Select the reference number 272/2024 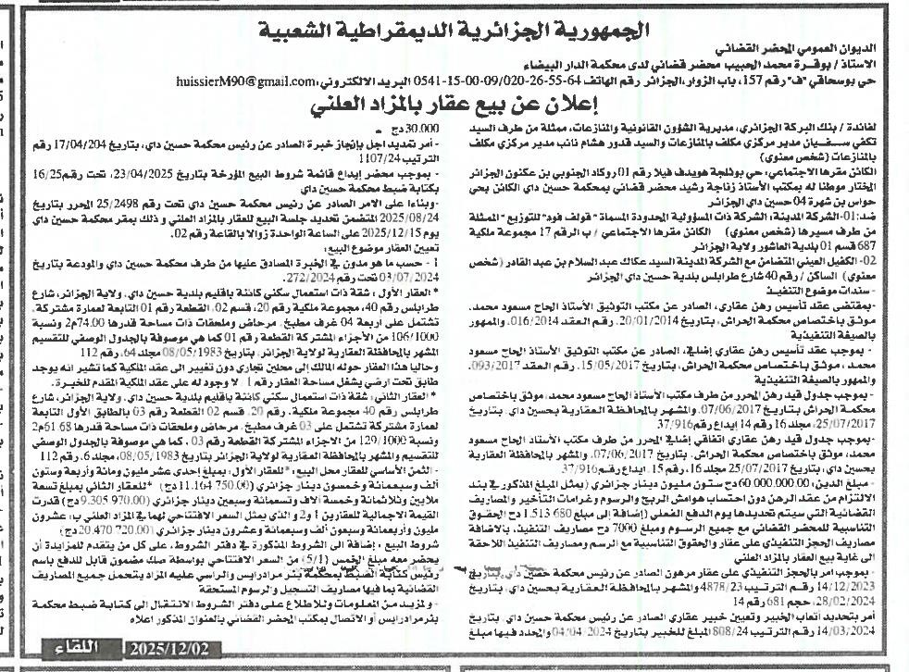pyautogui.click(x=276, y=275)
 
